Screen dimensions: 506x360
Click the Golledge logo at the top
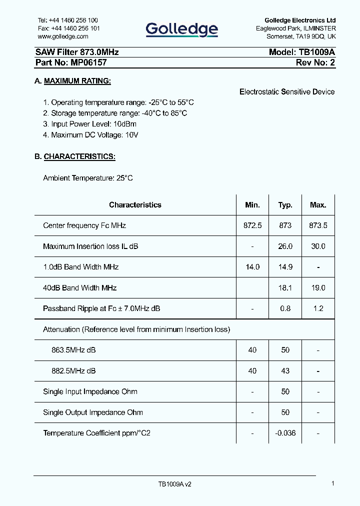click(181, 29)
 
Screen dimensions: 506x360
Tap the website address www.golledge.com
click(63, 36)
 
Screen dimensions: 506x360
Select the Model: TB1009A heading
click(301, 52)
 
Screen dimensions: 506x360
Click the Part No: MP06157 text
click(70, 62)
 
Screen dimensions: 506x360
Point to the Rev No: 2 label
click(315, 62)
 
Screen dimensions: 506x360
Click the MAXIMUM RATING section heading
click(77, 81)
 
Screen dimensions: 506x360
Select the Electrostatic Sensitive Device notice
click(287, 91)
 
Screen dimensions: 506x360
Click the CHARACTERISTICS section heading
click(79, 156)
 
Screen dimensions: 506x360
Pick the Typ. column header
click(285, 205)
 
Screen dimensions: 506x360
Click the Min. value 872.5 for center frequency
click(252, 225)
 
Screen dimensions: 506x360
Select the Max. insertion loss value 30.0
click(318, 246)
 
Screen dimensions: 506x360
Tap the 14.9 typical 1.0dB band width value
click(285, 267)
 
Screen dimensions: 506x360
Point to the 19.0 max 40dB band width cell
click(318, 288)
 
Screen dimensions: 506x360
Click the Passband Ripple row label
click(101, 308)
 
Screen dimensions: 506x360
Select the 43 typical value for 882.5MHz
click(285, 371)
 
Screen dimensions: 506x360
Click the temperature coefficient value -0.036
click(285, 433)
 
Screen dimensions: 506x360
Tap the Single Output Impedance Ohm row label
click(93, 412)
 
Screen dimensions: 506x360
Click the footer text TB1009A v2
click(174, 484)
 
